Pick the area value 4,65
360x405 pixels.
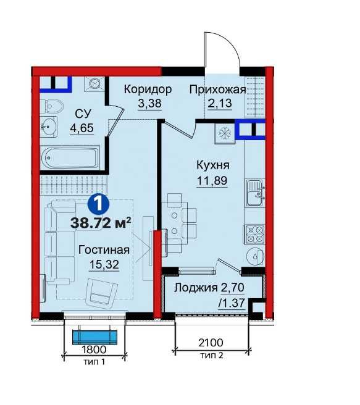pyautogui.click(x=82, y=128)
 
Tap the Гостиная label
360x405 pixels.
pyautogui.click(x=104, y=249)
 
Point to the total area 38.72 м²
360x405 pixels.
pyautogui.click(x=101, y=223)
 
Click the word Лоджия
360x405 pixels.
pyautogui.click(x=193, y=288)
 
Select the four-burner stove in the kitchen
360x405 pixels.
pyautogui.click(x=255, y=235)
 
